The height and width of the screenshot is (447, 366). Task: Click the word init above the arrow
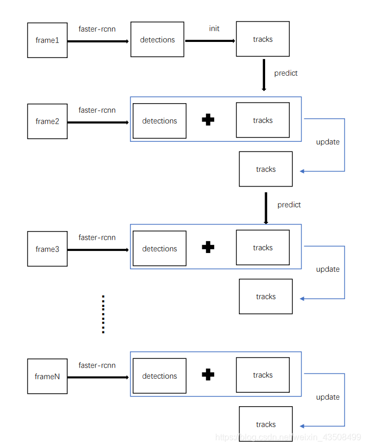point(214,28)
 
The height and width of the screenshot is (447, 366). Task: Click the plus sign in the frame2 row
point(208,120)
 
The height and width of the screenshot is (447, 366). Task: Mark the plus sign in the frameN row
point(208,374)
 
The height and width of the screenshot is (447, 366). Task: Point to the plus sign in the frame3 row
point(208,247)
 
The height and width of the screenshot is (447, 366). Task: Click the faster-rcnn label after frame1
point(97,29)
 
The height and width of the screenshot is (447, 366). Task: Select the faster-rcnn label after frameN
point(97,365)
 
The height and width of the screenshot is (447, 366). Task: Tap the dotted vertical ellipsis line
point(103,314)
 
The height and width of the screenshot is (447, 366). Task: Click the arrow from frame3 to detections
point(98,250)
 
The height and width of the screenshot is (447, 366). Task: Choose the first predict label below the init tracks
point(286,73)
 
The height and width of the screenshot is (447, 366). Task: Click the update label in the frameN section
point(328,397)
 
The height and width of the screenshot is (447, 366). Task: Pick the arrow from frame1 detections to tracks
point(210,41)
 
